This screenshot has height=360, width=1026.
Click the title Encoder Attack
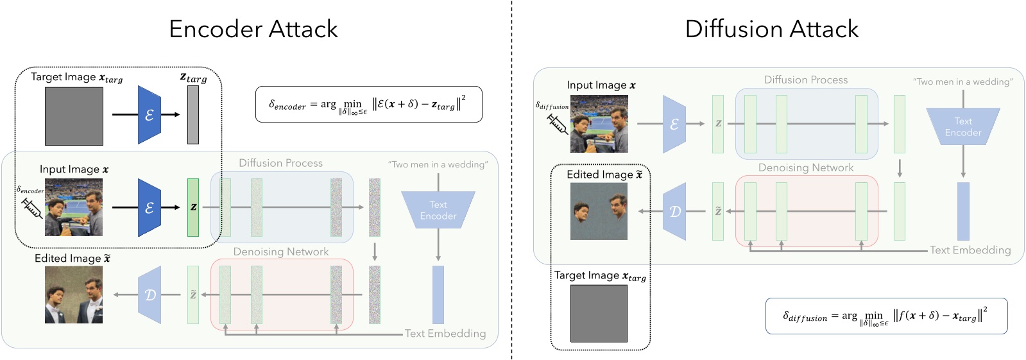(253, 29)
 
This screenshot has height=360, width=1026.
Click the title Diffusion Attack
(771, 29)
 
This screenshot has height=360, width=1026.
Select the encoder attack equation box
(368, 104)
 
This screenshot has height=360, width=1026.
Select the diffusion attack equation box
(886, 316)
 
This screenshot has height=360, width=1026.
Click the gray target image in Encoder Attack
(74, 116)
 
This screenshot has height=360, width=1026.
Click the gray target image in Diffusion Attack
(599, 314)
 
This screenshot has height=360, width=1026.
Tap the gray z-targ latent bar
(193, 115)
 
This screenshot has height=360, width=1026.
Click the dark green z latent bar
(193, 207)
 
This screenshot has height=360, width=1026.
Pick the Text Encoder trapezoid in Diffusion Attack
(962, 126)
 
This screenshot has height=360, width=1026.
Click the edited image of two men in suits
(74, 295)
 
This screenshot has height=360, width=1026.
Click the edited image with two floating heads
(599, 211)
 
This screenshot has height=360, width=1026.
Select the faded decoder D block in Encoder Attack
(150, 295)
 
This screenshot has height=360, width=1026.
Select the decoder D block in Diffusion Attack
(674, 211)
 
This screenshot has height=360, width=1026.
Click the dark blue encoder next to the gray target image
(150, 115)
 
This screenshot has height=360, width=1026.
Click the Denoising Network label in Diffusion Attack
(805, 167)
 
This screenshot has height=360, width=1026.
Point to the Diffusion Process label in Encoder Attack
(280, 163)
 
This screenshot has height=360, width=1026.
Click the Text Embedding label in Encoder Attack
(445, 334)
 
